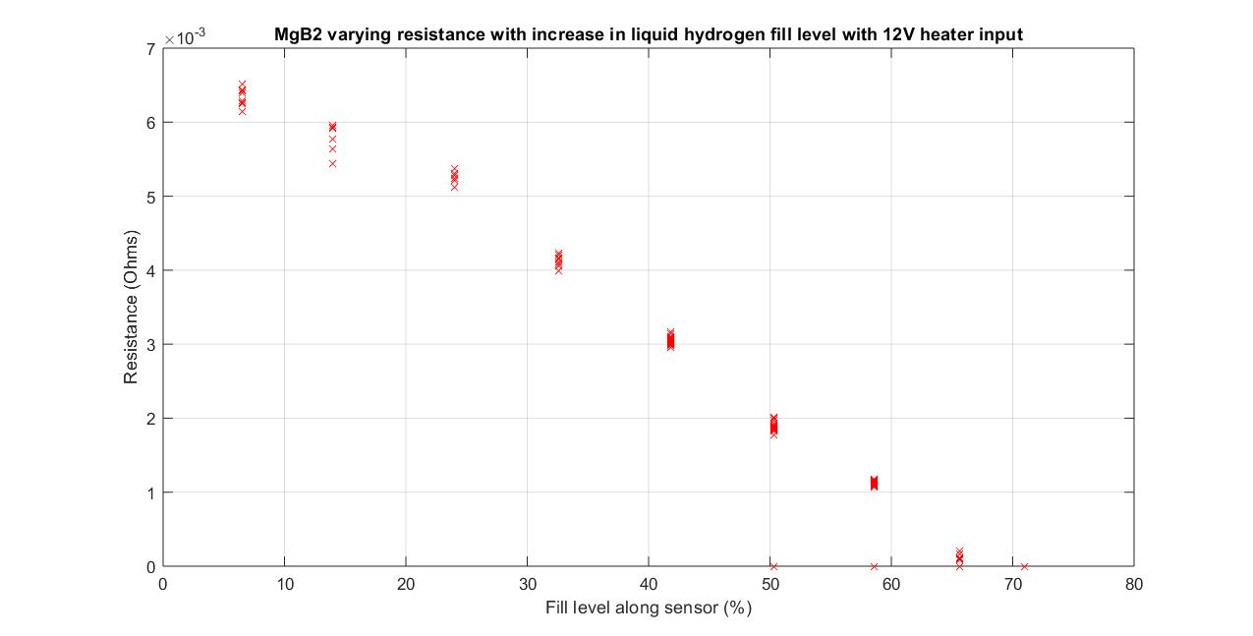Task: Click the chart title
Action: coord(649,34)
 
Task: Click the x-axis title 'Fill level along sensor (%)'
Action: coord(649,607)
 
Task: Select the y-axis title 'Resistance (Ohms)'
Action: coord(132,307)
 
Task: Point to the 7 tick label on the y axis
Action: coord(150,49)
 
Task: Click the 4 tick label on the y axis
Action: coord(150,270)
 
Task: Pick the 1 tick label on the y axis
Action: coord(150,492)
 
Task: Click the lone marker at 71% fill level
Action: coord(1024,566)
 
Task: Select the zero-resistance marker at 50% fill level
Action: coord(773,566)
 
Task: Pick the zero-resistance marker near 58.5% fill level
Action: coord(874,566)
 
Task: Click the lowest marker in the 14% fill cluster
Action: coord(332,163)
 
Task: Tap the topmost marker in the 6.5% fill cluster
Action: coord(242,85)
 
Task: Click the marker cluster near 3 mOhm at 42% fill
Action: coord(670,340)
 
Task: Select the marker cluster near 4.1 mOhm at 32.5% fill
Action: coord(558,260)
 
